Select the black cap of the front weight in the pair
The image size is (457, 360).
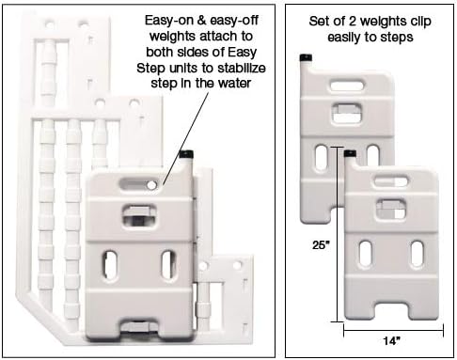coord(351,152)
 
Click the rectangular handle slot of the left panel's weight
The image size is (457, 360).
coord(137,216)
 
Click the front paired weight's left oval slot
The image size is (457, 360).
coord(366,253)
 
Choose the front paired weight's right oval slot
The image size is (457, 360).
coord(414,253)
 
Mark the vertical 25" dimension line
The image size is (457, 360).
coord(338,235)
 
